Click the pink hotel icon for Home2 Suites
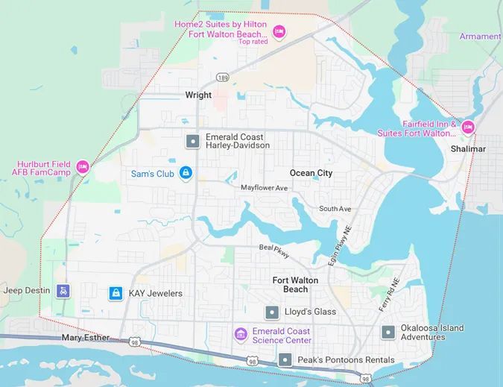(279, 31)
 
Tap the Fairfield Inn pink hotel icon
(468, 126)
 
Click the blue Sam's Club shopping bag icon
(186, 173)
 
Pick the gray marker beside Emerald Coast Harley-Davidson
(192, 140)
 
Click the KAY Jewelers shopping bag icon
(116, 293)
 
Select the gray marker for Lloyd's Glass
(272, 312)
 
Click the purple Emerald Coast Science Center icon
(240, 333)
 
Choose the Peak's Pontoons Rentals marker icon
(284, 359)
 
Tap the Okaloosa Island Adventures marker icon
(387, 333)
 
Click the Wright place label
(198, 95)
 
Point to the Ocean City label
(311, 173)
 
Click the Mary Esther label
(85, 338)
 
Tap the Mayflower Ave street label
(264, 188)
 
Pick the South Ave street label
(335, 209)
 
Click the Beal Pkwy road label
(273, 250)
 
